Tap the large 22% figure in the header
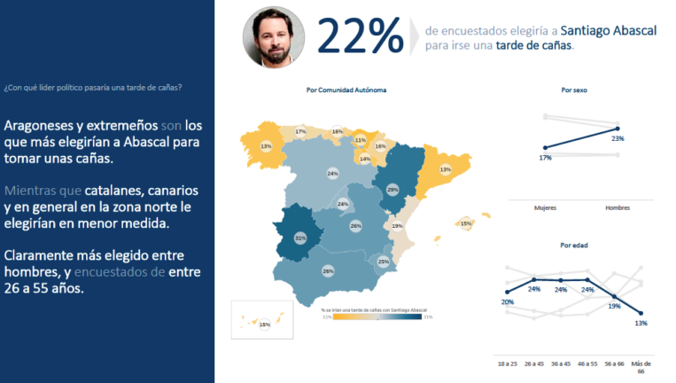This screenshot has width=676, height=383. (x=358, y=36)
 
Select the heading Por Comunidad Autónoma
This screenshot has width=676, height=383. (x=346, y=90)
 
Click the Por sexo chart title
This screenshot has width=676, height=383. (x=574, y=90)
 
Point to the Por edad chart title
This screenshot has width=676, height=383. (x=574, y=246)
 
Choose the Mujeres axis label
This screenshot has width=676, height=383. (x=545, y=207)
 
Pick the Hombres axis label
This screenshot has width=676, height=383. (x=617, y=207)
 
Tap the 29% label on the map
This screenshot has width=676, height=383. (x=392, y=189)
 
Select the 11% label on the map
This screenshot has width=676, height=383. (x=360, y=140)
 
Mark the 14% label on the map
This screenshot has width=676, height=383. (x=364, y=159)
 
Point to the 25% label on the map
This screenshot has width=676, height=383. (x=383, y=262)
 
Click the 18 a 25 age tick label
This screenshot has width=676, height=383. (x=507, y=363)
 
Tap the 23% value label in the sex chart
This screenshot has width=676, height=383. (x=618, y=138)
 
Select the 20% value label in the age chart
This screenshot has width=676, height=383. (x=507, y=301)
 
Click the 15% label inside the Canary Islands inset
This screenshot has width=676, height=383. (x=264, y=325)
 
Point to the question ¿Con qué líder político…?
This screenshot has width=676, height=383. (x=93, y=87)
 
